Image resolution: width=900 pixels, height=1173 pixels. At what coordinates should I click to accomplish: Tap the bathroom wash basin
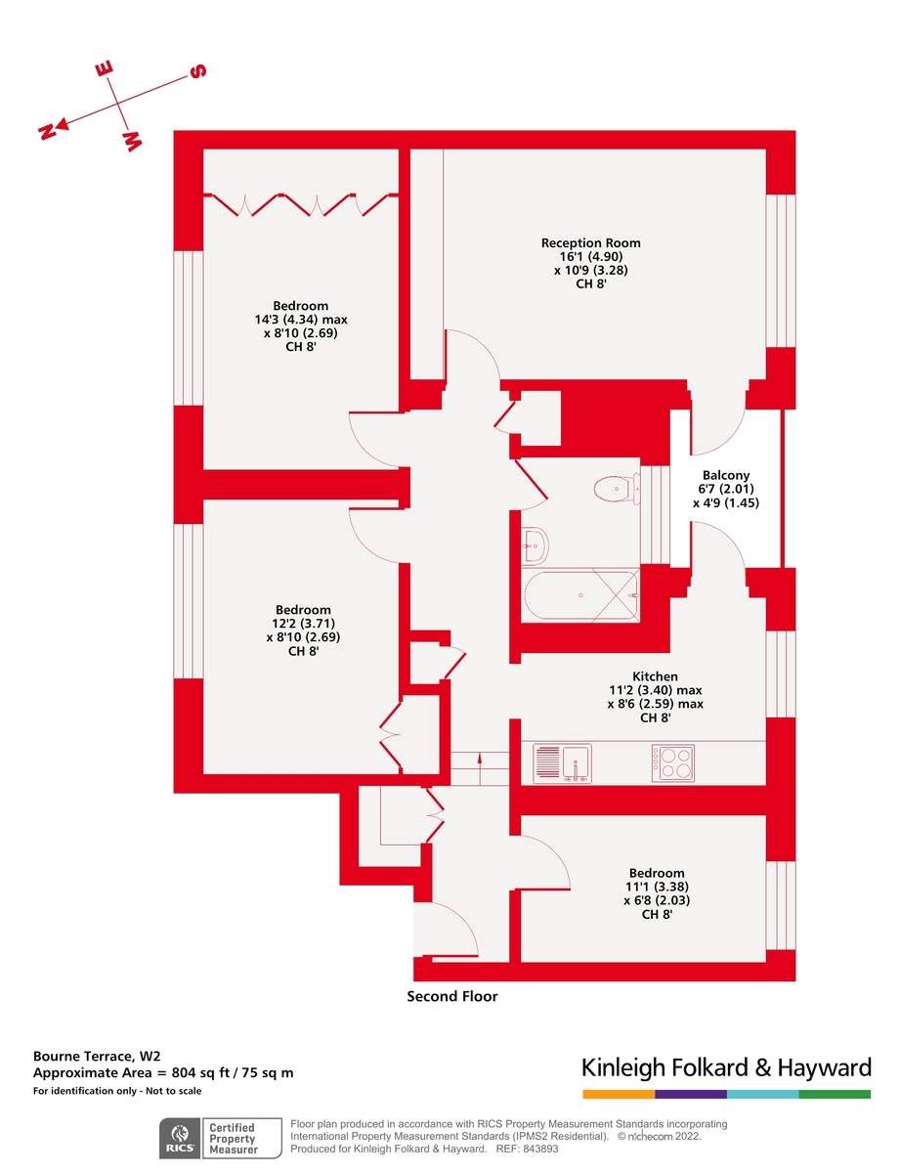click(x=534, y=545)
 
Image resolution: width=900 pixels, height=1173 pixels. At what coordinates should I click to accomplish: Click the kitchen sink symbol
click(x=562, y=762)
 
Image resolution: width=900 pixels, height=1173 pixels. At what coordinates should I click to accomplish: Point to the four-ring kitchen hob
click(x=672, y=762)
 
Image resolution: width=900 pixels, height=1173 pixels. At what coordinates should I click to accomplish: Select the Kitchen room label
click(x=655, y=676)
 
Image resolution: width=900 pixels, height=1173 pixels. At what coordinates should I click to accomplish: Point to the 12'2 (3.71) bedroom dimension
click(x=303, y=624)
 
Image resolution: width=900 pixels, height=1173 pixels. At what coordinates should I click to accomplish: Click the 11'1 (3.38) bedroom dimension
click(x=657, y=888)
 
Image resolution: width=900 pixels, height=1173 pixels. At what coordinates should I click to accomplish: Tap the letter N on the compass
click(x=46, y=132)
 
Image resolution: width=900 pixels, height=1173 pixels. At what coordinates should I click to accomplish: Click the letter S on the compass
click(x=197, y=72)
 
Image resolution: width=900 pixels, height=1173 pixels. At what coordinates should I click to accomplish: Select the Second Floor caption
click(x=452, y=997)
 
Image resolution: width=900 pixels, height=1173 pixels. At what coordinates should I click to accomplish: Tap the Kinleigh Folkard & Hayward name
click(x=726, y=1066)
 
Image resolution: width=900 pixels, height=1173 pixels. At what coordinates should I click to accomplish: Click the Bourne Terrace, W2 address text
click(x=97, y=1057)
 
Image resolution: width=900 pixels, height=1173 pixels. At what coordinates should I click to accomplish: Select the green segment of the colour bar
click(x=835, y=1094)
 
